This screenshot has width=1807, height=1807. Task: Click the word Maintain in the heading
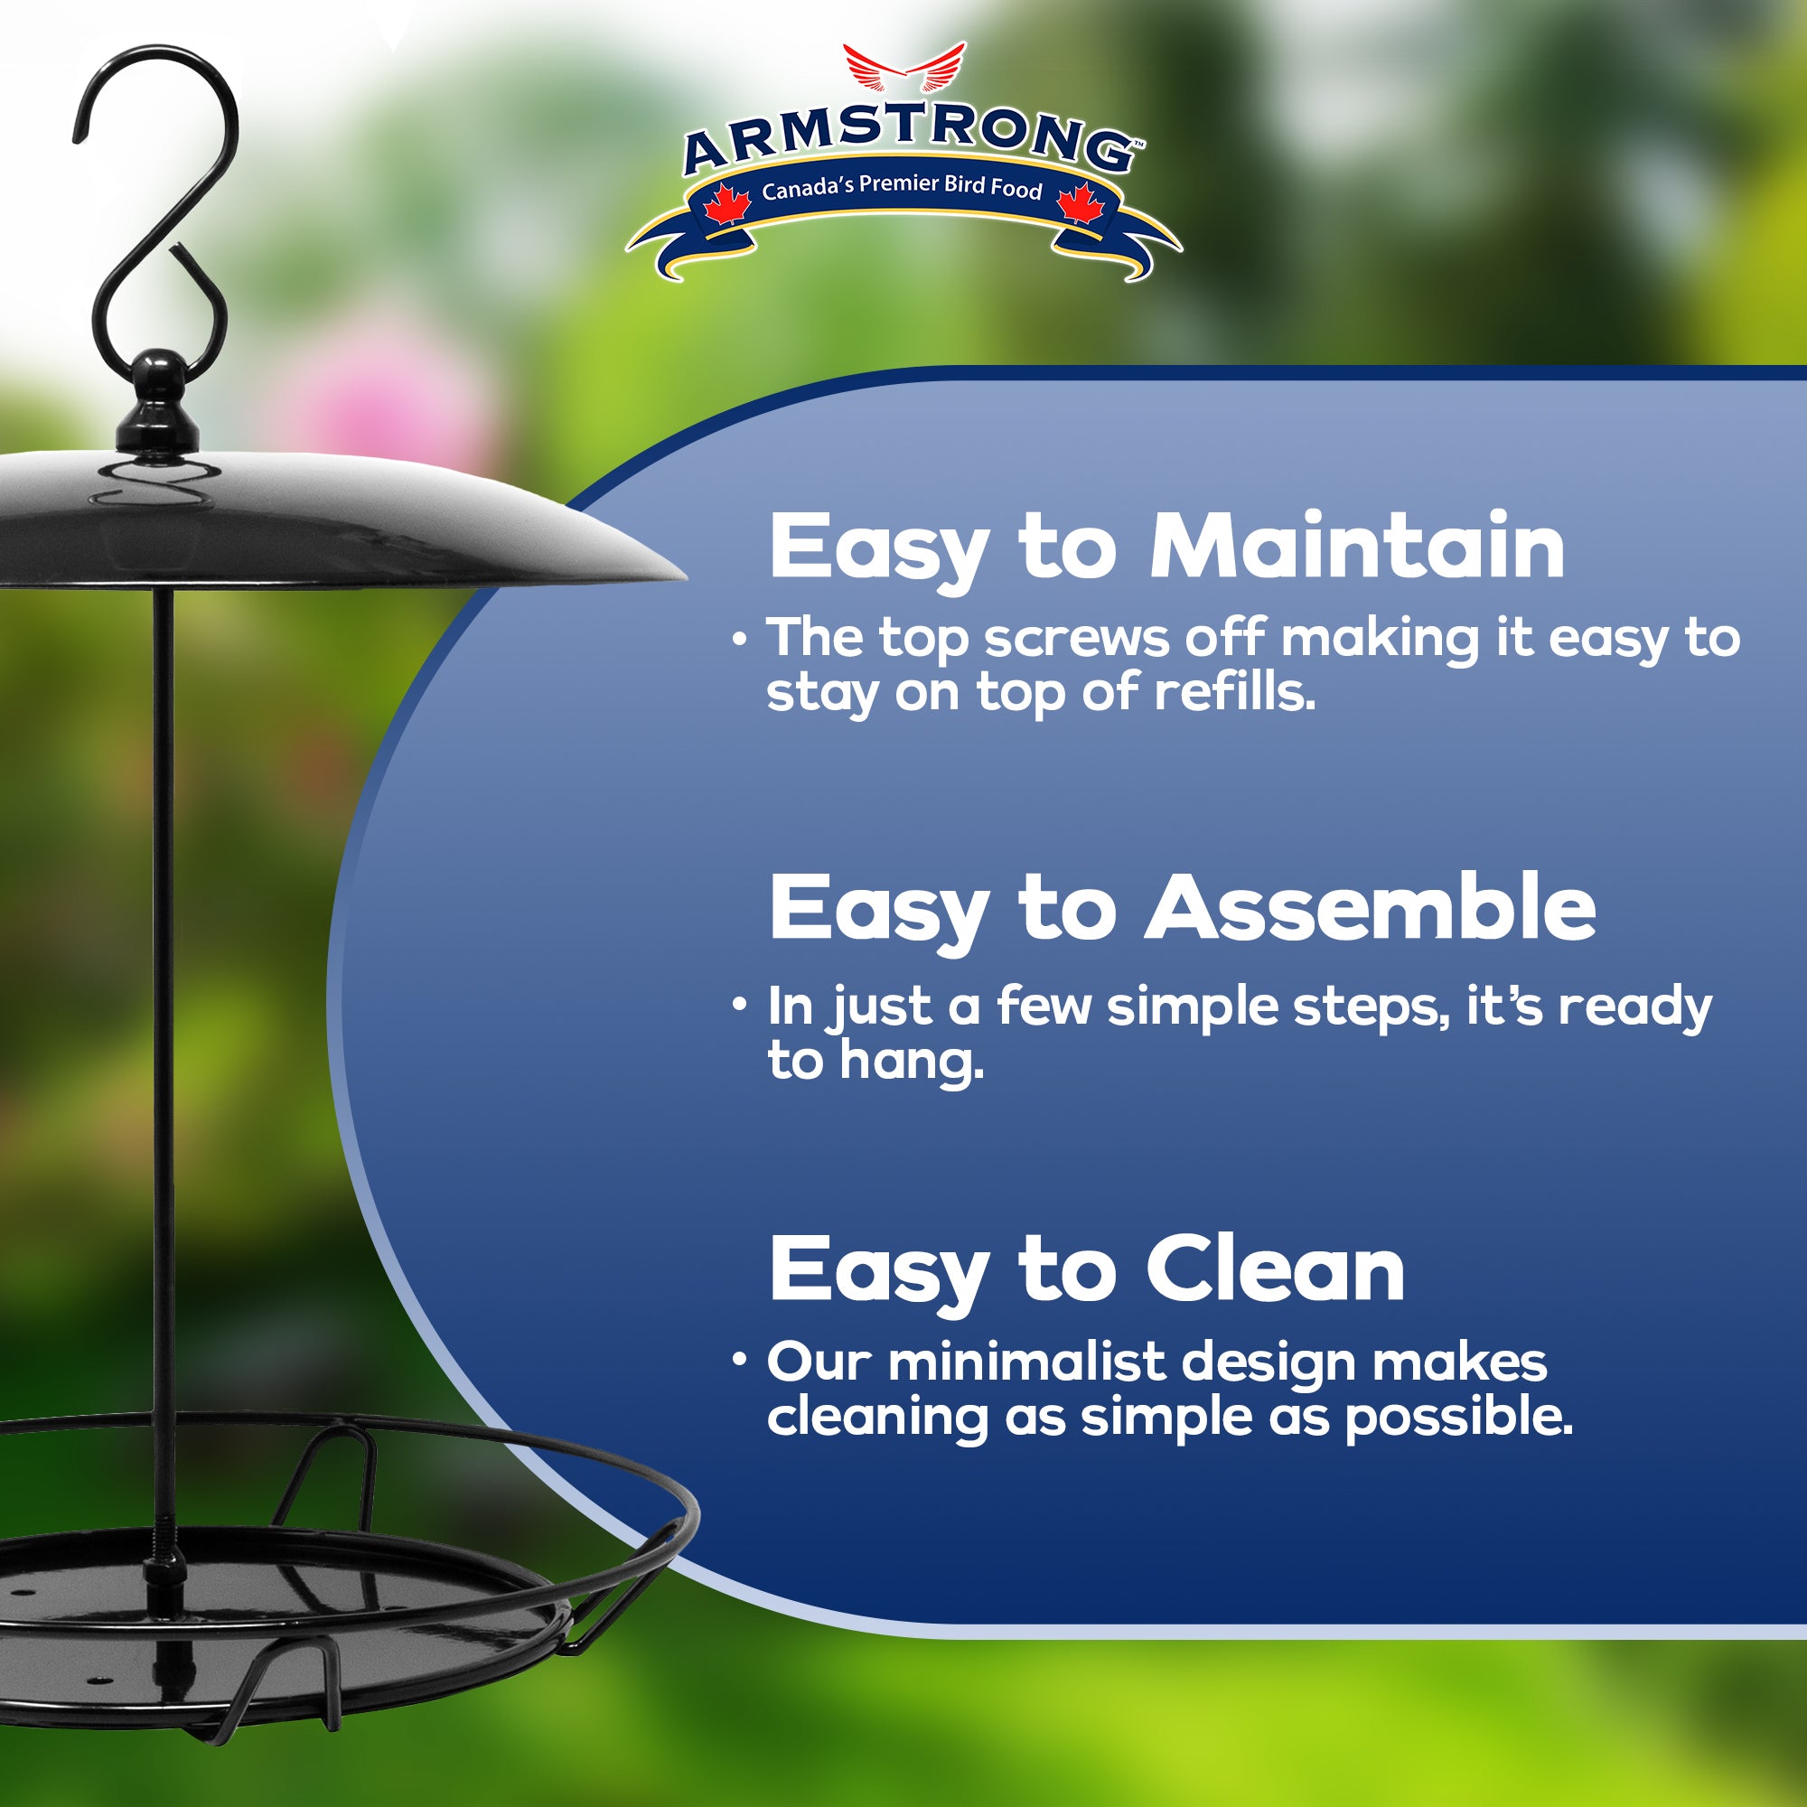coord(1357,548)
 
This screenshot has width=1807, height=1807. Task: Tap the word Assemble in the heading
coord(1370,908)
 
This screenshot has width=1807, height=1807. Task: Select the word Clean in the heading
coord(1276,1269)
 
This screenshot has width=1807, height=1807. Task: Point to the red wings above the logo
coord(904,68)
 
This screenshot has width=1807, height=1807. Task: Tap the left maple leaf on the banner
coord(726,204)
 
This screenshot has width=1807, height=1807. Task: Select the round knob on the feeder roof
coord(157,399)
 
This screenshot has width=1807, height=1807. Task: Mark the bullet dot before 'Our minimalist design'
coord(740,1358)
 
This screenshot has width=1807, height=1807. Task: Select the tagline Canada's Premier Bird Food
coord(902,187)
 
